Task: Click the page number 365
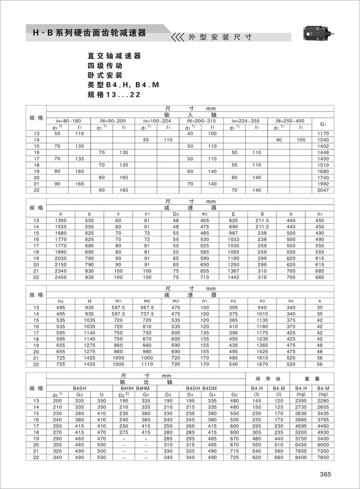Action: coord(325,474)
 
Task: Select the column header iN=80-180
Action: coord(68,121)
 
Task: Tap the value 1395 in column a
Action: coord(60,220)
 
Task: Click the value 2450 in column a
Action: coord(60,277)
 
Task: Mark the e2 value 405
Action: coord(204,220)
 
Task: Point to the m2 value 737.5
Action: coord(147,314)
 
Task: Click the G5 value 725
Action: coord(234,458)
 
